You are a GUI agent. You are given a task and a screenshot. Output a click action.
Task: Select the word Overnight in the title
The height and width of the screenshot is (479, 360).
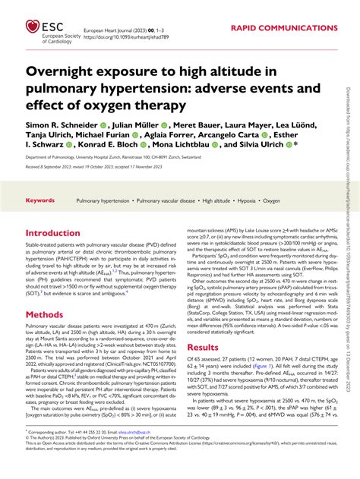point(67,72)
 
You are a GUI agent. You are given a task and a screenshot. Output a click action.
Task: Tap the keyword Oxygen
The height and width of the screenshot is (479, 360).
point(272,201)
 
